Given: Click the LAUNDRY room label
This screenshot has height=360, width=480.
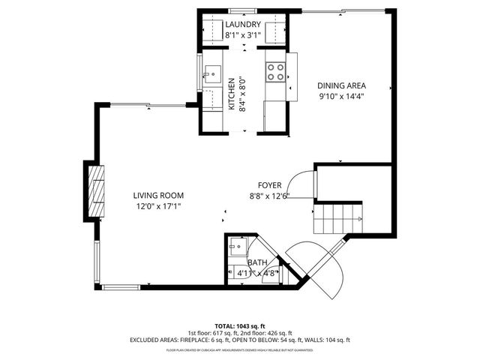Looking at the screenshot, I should pyautogui.click(x=243, y=25).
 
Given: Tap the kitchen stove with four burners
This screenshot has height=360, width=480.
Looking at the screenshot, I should pyautogui.click(x=275, y=71).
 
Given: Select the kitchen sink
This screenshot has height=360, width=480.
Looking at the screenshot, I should pyautogui.click(x=211, y=73).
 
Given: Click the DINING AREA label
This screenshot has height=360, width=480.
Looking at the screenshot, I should pyautogui.click(x=341, y=85).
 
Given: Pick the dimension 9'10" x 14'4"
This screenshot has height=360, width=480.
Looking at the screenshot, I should pyautogui.click(x=341, y=96).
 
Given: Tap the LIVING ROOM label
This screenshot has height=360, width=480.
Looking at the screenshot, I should pyautogui.click(x=158, y=196).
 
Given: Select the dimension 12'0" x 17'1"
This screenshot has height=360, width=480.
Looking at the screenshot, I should pyautogui.click(x=158, y=206).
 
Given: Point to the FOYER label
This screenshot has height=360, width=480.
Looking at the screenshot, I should pyautogui.click(x=270, y=185).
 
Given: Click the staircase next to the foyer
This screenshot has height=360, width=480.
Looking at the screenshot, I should pyautogui.click(x=335, y=219).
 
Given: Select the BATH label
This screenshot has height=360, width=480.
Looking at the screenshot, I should pyautogui.click(x=258, y=262).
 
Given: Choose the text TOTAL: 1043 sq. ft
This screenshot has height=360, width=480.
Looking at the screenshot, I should pyautogui.click(x=240, y=326).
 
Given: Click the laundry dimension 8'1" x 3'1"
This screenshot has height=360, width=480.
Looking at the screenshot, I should pyautogui.click(x=243, y=34).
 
